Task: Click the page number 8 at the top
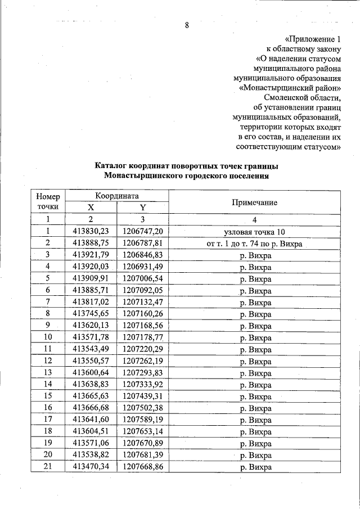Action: tap(187, 26)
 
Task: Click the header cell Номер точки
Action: tap(48, 202)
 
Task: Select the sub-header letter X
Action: tap(91, 208)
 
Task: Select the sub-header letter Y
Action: tap(142, 208)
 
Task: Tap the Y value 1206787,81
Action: tap(143, 244)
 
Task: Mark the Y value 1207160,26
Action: tap(143, 314)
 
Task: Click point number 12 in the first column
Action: tap(48, 361)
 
